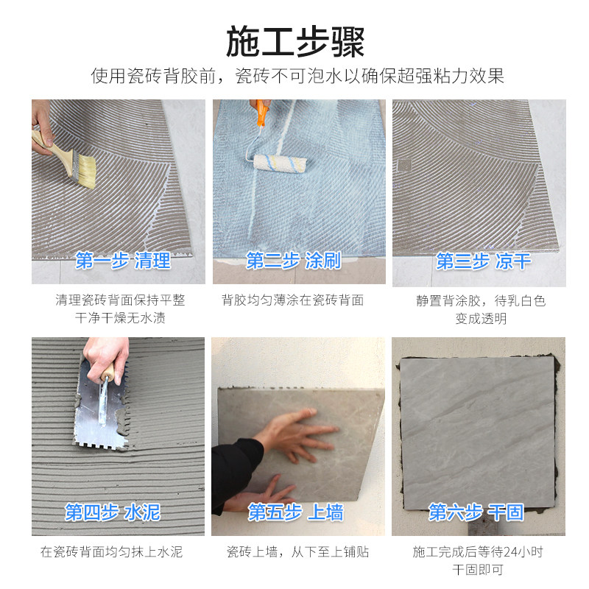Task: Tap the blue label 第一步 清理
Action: pos(123,260)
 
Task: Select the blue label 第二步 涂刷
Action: pos(294,260)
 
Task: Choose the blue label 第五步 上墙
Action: pos(295,512)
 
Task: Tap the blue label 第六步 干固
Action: pos(476,512)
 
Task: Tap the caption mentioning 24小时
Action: pos(478,560)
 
